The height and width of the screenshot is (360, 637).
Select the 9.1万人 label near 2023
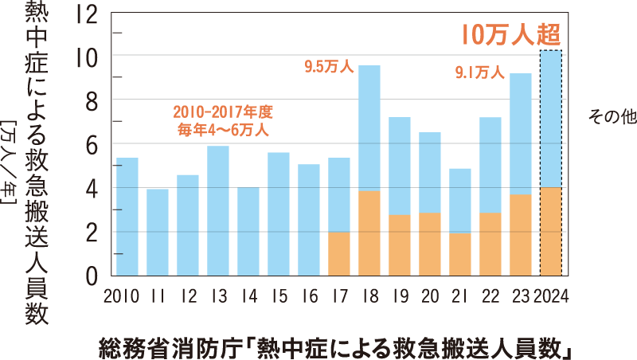point(479,73)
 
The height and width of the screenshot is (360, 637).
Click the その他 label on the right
point(612,117)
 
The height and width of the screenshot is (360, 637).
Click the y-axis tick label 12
point(88,14)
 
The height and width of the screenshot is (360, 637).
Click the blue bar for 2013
point(217,211)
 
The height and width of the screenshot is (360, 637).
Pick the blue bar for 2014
point(248,232)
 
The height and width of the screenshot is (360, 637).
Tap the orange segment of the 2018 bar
point(369,233)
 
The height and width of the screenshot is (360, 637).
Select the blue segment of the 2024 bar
point(550,119)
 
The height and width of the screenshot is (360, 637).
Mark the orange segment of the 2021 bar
point(459,255)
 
